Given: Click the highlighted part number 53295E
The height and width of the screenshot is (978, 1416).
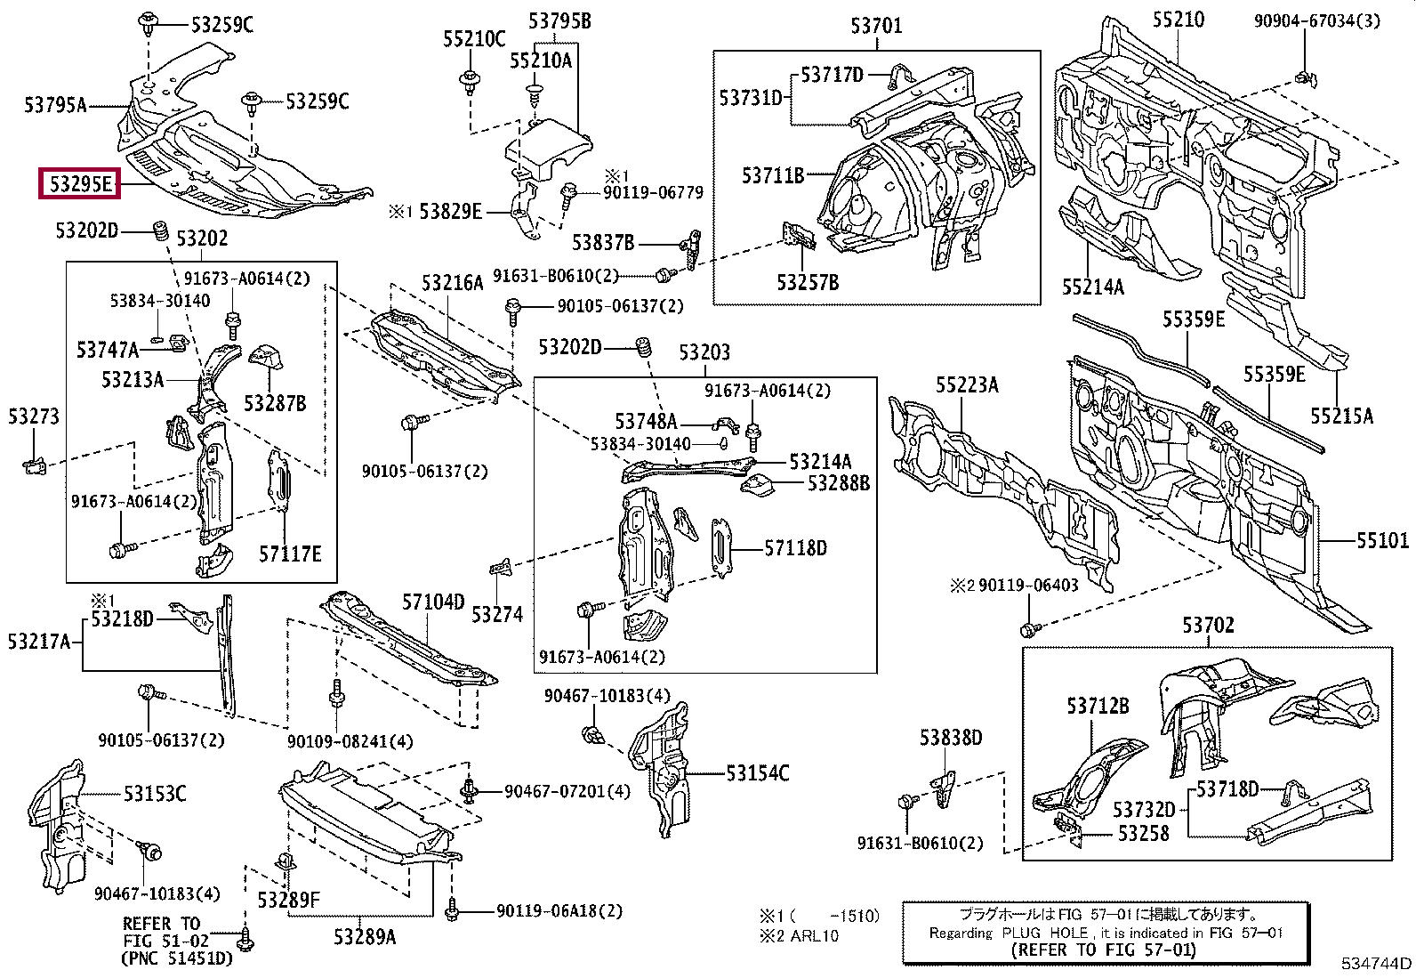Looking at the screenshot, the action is (80, 184).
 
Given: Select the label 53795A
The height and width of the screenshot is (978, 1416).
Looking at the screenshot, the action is (56, 104).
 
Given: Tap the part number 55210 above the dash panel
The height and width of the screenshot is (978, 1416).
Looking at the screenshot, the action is (1179, 20).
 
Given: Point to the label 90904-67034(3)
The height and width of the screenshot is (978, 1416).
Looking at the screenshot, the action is (1316, 20).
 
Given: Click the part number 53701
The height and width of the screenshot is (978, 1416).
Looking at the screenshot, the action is (876, 26).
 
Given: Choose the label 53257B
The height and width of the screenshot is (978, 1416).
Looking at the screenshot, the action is (808, 282).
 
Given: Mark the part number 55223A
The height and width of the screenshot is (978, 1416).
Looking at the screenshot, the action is (967, 384).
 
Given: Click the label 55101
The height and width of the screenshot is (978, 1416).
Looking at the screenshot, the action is (1382, 541).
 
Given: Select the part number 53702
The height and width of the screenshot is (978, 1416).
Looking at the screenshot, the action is (1208, 626).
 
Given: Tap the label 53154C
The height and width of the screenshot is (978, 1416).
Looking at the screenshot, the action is (757, 773).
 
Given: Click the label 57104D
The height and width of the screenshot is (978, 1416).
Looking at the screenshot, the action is (434, 602).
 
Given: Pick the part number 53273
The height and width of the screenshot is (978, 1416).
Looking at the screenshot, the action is (34, 416).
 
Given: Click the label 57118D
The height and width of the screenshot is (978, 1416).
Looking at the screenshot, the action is (796, 548).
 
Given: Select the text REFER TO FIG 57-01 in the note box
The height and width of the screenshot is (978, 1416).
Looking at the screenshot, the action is (1103, 950).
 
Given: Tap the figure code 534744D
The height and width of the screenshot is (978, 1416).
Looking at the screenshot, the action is (1376, 964).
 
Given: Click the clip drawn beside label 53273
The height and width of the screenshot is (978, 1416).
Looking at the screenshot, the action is (35, 466).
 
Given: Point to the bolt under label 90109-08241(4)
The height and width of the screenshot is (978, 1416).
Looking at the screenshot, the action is (336, 695).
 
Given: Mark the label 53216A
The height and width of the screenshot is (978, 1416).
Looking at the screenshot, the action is (453, 283).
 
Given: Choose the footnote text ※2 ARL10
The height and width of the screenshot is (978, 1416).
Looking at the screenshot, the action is (799, 935).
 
